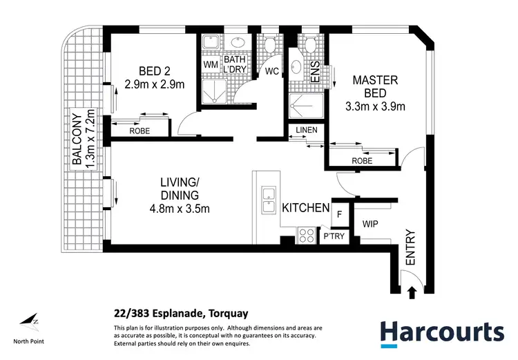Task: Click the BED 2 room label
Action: pyautogui.click(x=154, y=71)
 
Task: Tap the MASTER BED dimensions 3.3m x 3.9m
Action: pyautogui.click(x=375, y=106)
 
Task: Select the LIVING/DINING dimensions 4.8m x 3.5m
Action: pyautogui.click(x=180, y=209)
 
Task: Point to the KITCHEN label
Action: pyautogui.click(x=305, y=207)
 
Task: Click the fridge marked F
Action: pyautogui.click(x=339, y=214)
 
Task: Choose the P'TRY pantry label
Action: pyautogui.click(x=334, y=236)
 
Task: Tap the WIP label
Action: pyautogui.click(x=370, y=224)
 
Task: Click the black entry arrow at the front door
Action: pyautogui.click(x=412, y=293)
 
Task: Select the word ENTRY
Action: pyautogui.click(x=410, y=247)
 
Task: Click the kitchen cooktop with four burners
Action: pyautogui.click(x=306, y=236)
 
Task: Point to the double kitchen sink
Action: pyautogui.click(x=269, y=200)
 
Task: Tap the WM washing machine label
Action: pyautogui.click(x=211, y=64)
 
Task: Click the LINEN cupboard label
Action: pyautogui.click(x=307, y=130)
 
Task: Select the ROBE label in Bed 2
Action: pyautogui.click(x=140, y=131)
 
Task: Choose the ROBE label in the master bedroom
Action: pyautogui.click(x=362, y=161)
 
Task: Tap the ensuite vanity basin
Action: pyautogui.click(x=295, y=67)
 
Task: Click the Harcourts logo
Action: pyautogui.click(x=442, y=334)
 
